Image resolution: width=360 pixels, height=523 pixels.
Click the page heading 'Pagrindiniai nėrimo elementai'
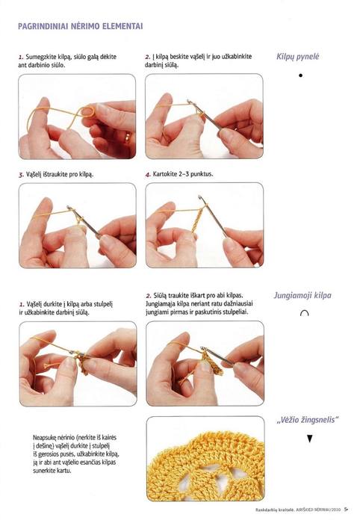click(x=81, y=26)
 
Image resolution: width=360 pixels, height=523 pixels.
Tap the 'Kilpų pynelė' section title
click(x=297, y=57)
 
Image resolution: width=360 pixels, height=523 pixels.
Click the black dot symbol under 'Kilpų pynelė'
click(x=301, y=75)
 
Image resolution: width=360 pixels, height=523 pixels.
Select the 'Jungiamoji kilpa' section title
click(x=302, y=295)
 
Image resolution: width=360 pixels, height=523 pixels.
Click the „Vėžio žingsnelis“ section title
click(x=308, y=420)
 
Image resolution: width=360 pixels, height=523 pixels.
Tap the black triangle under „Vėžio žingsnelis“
click(x=310, y=439)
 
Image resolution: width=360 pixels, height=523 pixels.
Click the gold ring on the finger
click(x=127, y=137)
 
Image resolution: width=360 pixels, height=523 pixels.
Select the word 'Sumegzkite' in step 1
click(x=38, y=57)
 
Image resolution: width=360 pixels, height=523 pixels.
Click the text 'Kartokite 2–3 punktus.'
click(x=183, y=174)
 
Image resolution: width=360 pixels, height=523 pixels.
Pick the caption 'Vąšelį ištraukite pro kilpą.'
click(x=60, y=174)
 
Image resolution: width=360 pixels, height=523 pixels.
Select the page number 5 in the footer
click(x=346, y=510)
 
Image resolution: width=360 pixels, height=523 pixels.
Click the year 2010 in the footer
click(x=335, y=510)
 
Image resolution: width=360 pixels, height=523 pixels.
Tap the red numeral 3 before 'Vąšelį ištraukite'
click(x=21, y=174)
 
